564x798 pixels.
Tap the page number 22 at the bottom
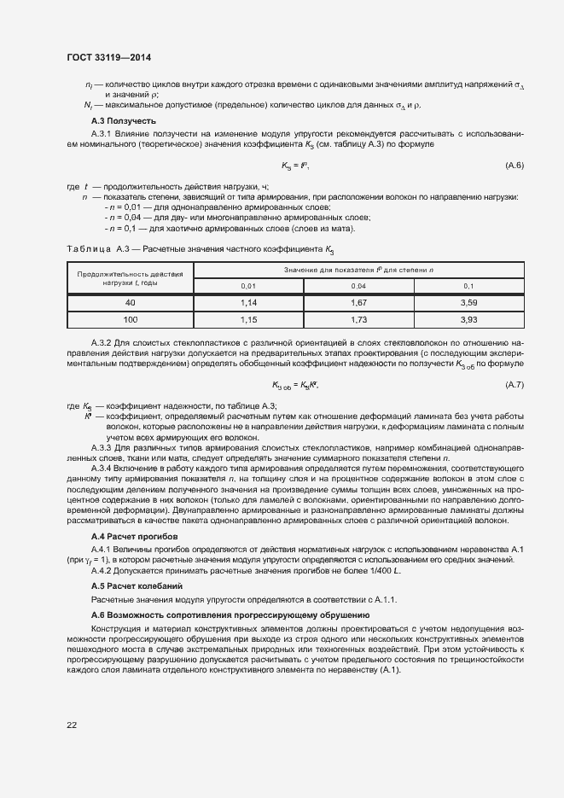tap(72, 725)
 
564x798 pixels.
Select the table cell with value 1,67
tap(358, 303)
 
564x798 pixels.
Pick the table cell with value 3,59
tap(468, 303)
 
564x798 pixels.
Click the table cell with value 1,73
tap(358, 319)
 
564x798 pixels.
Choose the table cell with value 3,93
tap(468, 319)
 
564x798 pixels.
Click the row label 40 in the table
tap(130, 303)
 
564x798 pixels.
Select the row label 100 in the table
tap(130, 319)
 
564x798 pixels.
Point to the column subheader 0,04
tap(358, 286)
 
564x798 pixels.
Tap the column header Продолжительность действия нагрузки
tap(130, 277)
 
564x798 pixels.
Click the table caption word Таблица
tap(84, 248)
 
